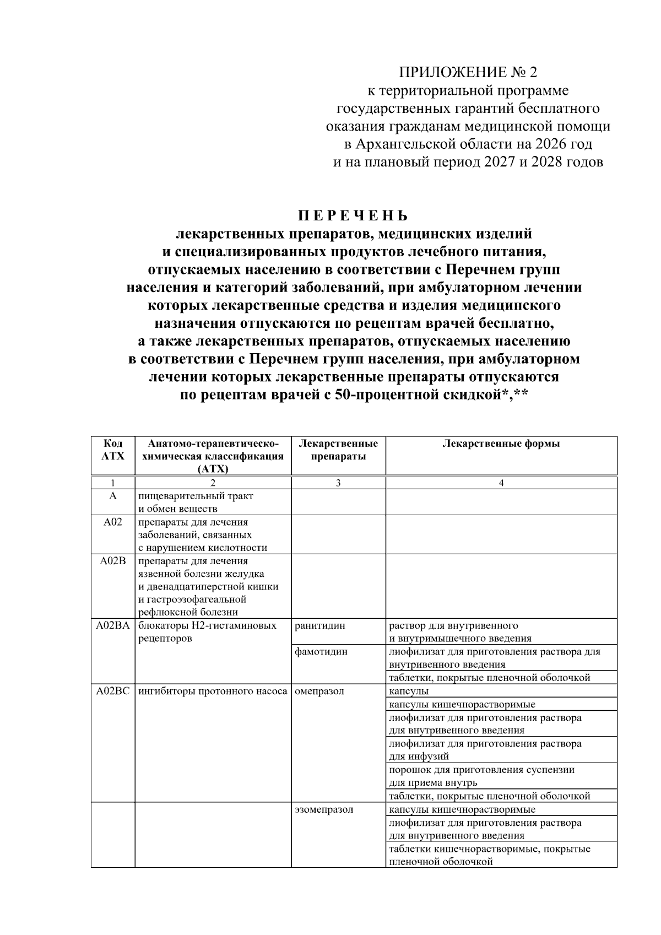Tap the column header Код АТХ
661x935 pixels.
coord(113,450)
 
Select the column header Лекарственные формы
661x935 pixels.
coord(501,444)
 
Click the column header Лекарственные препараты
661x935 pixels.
coord(338,450)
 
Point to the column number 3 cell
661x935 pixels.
coord(338,483)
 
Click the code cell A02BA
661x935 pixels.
coord(113,625)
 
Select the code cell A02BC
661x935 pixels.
coord(113,691)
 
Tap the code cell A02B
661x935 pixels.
coord(113,561)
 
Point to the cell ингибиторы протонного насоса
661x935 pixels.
coord(213,691)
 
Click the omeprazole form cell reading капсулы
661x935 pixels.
coord(409,691)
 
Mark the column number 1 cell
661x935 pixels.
coord(113,483)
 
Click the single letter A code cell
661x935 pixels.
coord(113,496)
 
